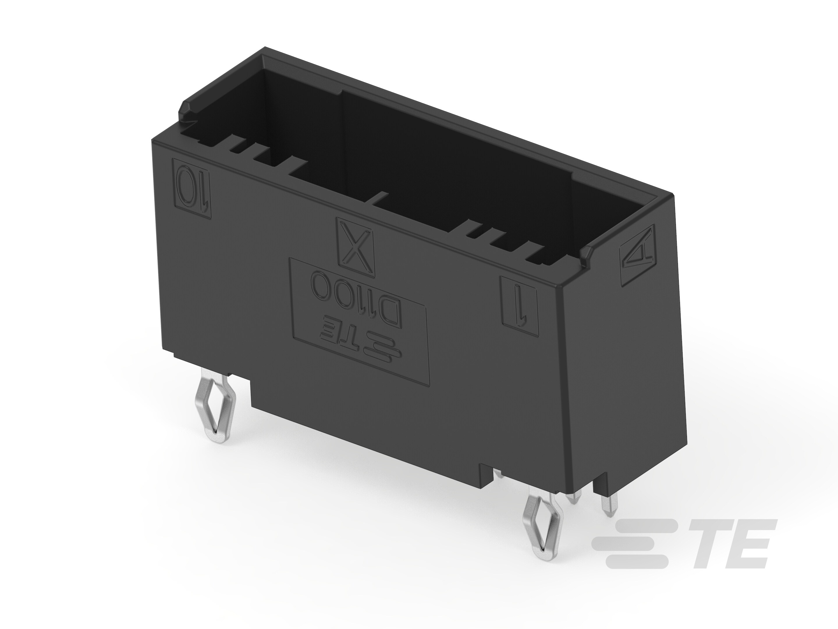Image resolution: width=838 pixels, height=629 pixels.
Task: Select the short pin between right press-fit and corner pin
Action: click(x=573, y=497)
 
